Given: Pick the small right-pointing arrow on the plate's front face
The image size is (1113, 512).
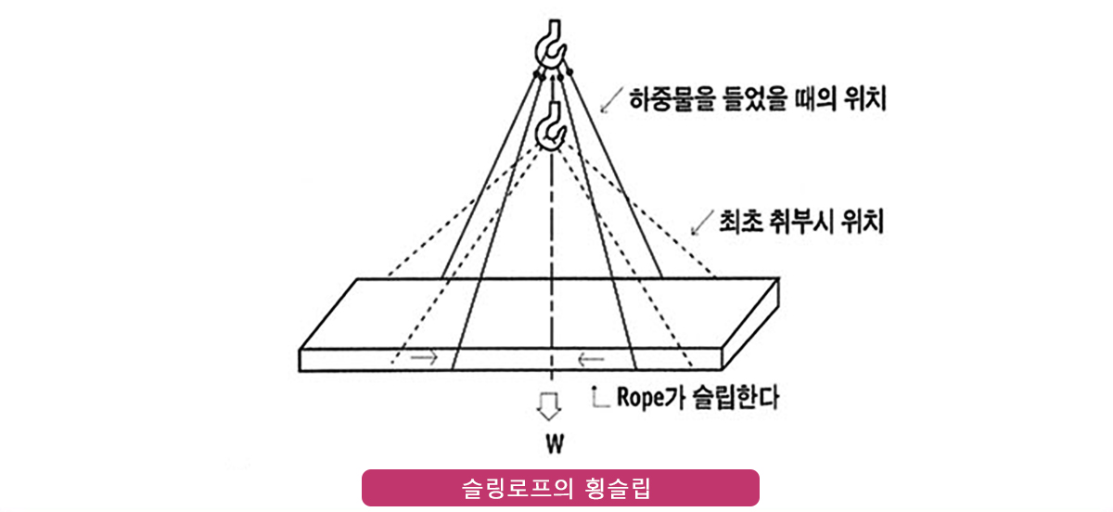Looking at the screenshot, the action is (424, 357).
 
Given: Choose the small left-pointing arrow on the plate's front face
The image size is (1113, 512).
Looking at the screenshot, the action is (591, 358).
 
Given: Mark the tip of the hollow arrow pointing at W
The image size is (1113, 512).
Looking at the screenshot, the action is (549, 421).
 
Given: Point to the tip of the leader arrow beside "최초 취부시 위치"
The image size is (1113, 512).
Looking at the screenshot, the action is (693, 234).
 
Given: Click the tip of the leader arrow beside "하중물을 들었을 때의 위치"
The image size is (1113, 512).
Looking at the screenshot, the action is (601, 112).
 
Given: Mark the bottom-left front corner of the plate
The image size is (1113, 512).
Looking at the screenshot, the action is (299, 371).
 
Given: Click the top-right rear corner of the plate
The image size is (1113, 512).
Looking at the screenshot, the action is (778, 278).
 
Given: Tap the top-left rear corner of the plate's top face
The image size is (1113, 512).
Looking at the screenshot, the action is (358, 279).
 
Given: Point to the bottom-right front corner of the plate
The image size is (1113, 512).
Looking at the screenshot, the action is (722, 370).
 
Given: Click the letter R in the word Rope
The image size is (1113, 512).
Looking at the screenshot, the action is (623, 397).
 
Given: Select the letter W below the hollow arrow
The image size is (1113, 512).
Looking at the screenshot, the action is (555, 444).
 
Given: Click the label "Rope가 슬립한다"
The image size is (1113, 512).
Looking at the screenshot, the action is (697, 397).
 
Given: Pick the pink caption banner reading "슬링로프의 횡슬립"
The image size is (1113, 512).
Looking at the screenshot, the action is (560, 488).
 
